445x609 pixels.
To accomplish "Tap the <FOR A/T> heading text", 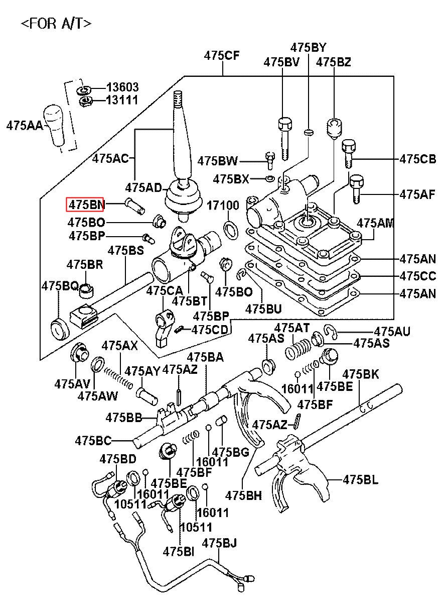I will (x=56, y=23).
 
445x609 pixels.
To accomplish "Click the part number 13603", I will (x=122, y=87).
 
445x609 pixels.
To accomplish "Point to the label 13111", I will (x=122, y=100).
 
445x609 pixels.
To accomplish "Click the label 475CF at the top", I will (x=222, y=56).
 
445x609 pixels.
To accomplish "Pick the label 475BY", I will (x=308, y=48).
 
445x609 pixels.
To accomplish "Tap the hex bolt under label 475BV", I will (x=284, y=137).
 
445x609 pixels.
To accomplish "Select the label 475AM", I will (x=375, y=223).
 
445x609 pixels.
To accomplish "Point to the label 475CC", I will (x=417, y=276).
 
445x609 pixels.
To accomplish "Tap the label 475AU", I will (x=392, y=331).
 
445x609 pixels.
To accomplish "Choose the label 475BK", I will (x=361, y=374).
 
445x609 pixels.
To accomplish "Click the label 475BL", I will (x=361, y=479).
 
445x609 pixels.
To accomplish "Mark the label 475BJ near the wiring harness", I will (x=219, y=543).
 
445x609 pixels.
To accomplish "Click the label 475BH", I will (x=243, y=495).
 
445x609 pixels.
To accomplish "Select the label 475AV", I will (x=72, y=383).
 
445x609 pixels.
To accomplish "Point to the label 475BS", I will (x=126, y=250).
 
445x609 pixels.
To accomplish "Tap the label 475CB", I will (x=417, y=159).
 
